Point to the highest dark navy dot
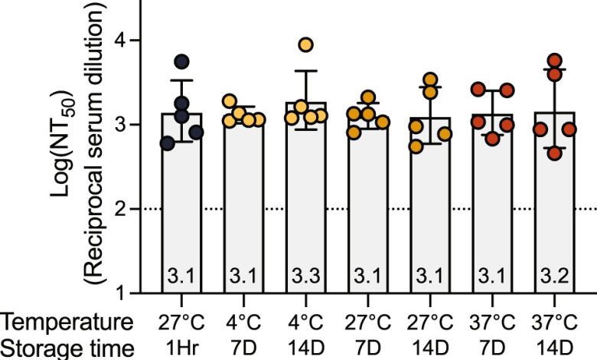click(181, 61)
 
